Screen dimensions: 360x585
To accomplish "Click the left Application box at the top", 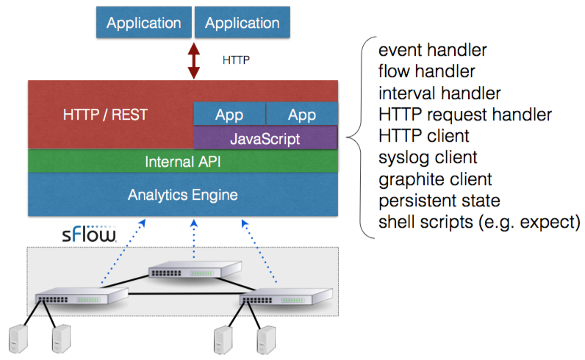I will click(x=144, y=23).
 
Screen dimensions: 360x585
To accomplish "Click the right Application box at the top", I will click(x=242, y=23).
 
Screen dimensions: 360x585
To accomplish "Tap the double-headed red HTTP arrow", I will click(x=193, y=60).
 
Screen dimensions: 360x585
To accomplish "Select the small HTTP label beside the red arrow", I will click(x=236, y=60).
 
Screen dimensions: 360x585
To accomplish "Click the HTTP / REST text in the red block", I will click(x=105, y=115).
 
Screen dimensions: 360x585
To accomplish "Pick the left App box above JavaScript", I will click(x=229, y=115).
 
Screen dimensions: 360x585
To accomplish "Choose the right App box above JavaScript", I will click(x=301, y=115).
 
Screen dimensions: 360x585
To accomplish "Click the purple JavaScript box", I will click(x=265, y=137).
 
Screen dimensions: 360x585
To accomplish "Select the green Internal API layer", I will click(x=182, y=161).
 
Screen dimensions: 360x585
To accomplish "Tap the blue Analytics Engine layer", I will click(x=182, y=195).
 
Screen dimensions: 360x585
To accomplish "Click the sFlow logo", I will click(x=89, y=236).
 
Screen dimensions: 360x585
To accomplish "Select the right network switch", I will click(x=282, y=299).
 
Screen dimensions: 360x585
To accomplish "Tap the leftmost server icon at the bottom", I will click(x=17, y=339).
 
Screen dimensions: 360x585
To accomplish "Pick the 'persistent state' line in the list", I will click(x=438, y=200).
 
